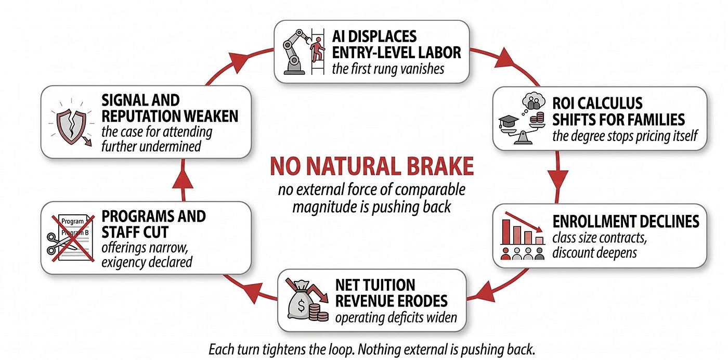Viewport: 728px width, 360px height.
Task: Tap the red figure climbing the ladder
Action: point(317,49)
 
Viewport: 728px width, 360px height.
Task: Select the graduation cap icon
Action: point(509,122)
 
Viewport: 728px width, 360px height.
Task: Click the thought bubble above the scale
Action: point(534,101)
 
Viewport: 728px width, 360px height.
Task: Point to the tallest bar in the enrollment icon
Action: point(505,232)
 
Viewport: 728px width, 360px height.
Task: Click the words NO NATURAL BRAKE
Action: point(371,166)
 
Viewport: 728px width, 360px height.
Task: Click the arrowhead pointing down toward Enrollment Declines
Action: point(557,180)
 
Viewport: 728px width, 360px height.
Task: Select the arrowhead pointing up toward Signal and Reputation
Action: point(183,178)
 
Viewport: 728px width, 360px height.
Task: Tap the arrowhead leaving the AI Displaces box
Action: point(504,59)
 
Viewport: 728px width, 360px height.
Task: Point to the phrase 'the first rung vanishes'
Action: point(388,69)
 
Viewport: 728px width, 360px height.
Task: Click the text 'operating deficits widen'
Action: point(396,317)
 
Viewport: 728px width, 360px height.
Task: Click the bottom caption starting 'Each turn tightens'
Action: point(371,350)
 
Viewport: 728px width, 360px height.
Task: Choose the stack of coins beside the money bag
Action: point(318,312)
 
